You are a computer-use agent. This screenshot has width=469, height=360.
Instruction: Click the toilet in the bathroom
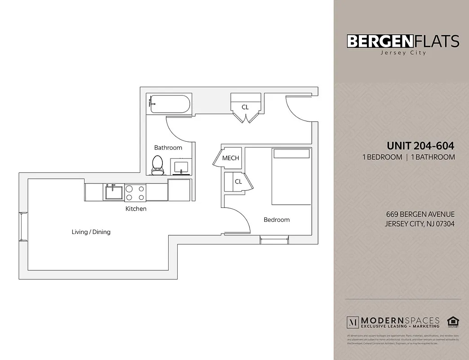point(157,165)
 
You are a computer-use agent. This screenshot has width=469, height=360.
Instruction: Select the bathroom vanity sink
point(182,166)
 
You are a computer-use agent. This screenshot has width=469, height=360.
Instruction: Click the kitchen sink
point(114,192)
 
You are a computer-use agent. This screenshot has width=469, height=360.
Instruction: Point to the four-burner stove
point(135,193)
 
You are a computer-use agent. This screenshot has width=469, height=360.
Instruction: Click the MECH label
point(231,158)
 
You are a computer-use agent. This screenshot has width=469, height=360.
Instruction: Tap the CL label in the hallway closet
point(245,107)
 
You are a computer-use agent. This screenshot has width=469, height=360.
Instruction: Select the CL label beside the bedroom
point(238,182)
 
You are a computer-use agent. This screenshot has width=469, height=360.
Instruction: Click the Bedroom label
point(277,220)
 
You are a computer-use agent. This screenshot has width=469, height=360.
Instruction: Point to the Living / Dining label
point(91,232)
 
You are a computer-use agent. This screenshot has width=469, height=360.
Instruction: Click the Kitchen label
point(136,209)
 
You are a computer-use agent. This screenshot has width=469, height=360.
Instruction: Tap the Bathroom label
point(168,148)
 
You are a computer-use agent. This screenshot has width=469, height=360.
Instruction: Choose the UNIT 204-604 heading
point(420,146)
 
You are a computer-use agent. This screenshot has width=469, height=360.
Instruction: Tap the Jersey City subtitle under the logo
point(403,53)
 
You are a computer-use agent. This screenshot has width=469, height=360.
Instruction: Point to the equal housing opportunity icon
point(452,322)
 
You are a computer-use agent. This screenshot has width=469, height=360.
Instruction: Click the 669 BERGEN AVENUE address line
point(420,215)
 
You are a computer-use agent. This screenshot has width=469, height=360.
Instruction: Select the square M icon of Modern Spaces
point(353,322)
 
